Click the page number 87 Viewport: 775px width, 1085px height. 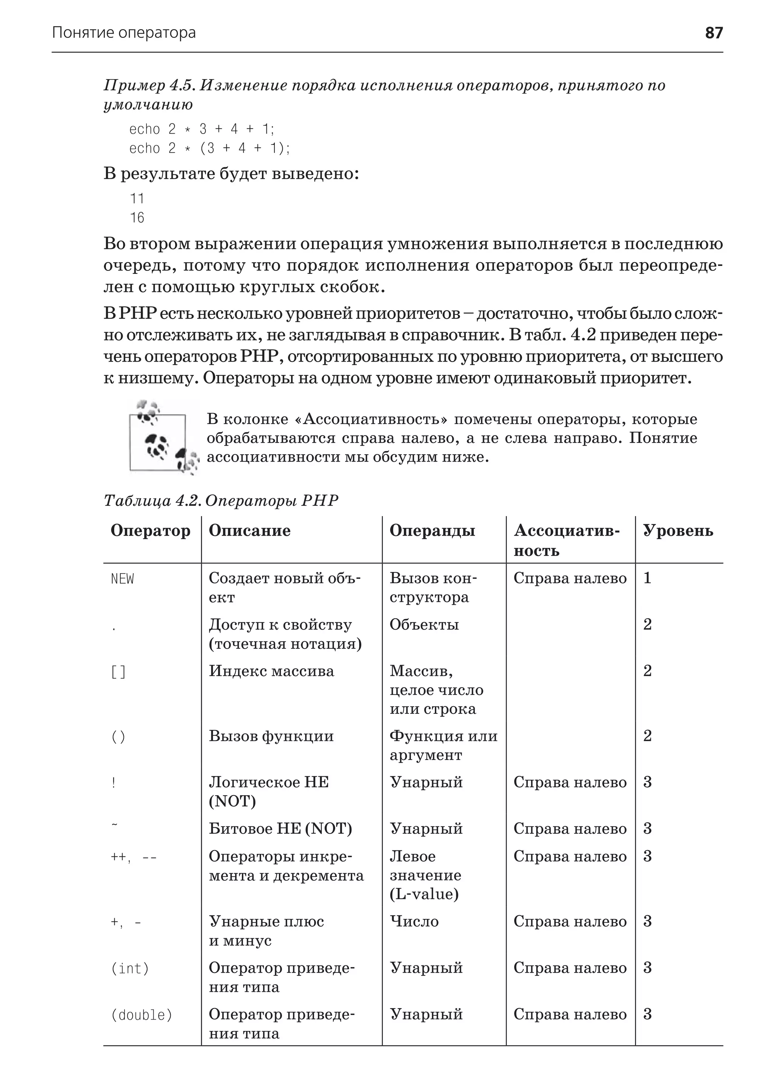tap(713, 33)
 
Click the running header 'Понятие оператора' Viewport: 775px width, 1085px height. tap(124, 33)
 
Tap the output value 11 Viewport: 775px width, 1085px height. tap(137, 199)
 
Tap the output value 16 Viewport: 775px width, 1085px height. tap(137, 218)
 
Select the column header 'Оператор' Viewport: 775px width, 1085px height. tap(150, 530)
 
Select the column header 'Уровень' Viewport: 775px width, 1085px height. tap(678, 530)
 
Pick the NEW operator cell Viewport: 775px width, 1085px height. tap(123, 579)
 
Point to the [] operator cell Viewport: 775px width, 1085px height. tap(118, 672)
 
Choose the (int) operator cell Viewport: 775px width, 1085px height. tap(130, 968)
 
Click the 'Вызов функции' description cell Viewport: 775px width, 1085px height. tap(271, 736)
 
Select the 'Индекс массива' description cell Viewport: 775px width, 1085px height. tap(271, 672)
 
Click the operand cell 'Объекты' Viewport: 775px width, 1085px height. tap(424, 625)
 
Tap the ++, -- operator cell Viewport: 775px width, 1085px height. tap(134, 857)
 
